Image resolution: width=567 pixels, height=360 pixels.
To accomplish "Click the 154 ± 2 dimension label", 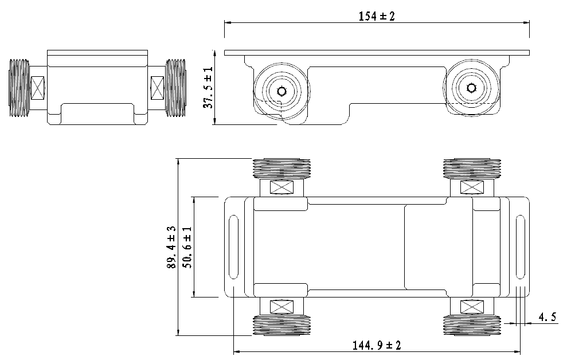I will coord(377,16).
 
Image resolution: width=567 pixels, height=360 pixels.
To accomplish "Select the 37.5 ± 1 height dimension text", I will coord(208,87).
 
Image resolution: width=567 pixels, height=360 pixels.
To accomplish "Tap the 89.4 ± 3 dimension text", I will coord(171,248).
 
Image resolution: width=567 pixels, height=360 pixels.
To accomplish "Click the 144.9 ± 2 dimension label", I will coord(377,345).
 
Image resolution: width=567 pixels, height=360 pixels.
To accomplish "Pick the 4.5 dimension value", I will coord(547,316).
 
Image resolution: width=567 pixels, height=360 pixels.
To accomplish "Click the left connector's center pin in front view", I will coord(281,91).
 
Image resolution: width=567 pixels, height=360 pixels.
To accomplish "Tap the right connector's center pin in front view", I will coord(471,88).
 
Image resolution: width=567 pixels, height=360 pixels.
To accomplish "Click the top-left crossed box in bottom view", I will coord(281,187).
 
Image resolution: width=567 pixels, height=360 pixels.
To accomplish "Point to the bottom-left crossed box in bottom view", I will coord(281,307).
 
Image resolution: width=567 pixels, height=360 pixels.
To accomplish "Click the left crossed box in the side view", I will coord(39,88).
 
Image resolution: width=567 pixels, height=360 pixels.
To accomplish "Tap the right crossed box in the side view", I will coord(157,88).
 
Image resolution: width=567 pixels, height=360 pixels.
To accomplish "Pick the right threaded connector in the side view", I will coord(175,88).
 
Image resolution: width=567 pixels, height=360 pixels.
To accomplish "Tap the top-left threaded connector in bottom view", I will coord(281,169).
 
